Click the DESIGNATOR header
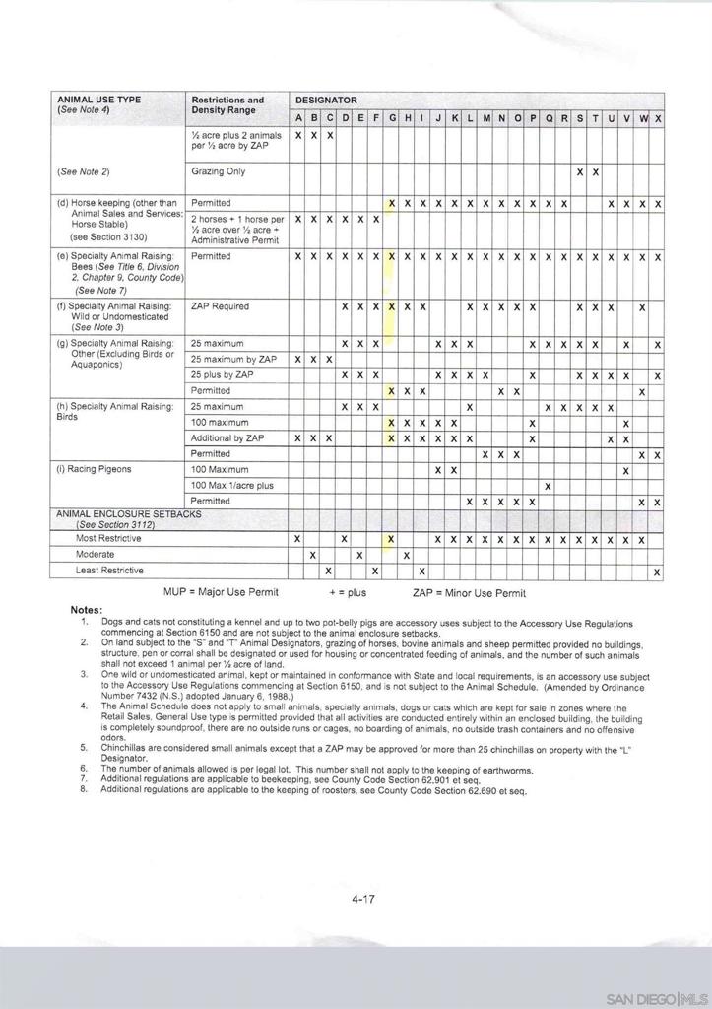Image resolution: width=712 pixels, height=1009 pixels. [x=326, y=101]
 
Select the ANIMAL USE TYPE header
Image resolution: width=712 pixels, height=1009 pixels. [x=98, y=100]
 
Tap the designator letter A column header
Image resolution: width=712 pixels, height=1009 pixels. [x=298, y=119]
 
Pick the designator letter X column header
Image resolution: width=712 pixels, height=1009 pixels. [x=657, y=119]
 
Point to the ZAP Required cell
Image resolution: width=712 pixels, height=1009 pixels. [x=221, y=306]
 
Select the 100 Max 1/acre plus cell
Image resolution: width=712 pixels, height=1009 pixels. [x=232, y=486]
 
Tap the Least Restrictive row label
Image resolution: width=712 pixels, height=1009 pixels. [x=109, y=571]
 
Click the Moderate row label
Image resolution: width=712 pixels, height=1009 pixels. [x=96, y=555]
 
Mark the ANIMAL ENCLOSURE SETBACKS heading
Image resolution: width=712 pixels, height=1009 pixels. [x=129, y=514]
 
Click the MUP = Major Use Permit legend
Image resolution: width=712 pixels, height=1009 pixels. [x=221, y=592]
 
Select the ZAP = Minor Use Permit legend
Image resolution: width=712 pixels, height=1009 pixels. [x=469, y=593]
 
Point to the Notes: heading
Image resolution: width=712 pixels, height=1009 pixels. [x=87, y=610]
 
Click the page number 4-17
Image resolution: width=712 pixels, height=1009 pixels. [x=363, y=898]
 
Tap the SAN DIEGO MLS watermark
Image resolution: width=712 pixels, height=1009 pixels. [x=657, y=998]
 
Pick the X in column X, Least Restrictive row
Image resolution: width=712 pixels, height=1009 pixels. [x=657, y=572]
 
